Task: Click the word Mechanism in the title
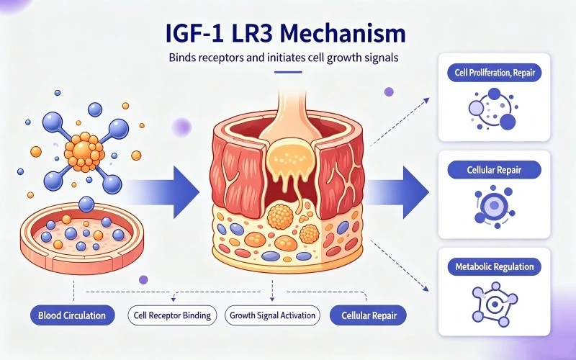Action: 343,33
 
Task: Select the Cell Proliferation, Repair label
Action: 494,73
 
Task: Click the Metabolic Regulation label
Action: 494,266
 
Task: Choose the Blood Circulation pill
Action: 73,315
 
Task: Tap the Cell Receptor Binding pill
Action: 172,315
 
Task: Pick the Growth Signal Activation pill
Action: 272,315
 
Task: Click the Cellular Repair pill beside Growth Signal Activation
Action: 369,315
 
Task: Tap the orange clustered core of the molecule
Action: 84,152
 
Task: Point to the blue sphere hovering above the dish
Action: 86,204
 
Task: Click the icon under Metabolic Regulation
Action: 495,304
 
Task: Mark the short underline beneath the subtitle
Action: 289,72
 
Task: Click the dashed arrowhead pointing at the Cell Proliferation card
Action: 426,100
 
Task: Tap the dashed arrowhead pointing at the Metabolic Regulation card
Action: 426,289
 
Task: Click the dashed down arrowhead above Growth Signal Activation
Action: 272,298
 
